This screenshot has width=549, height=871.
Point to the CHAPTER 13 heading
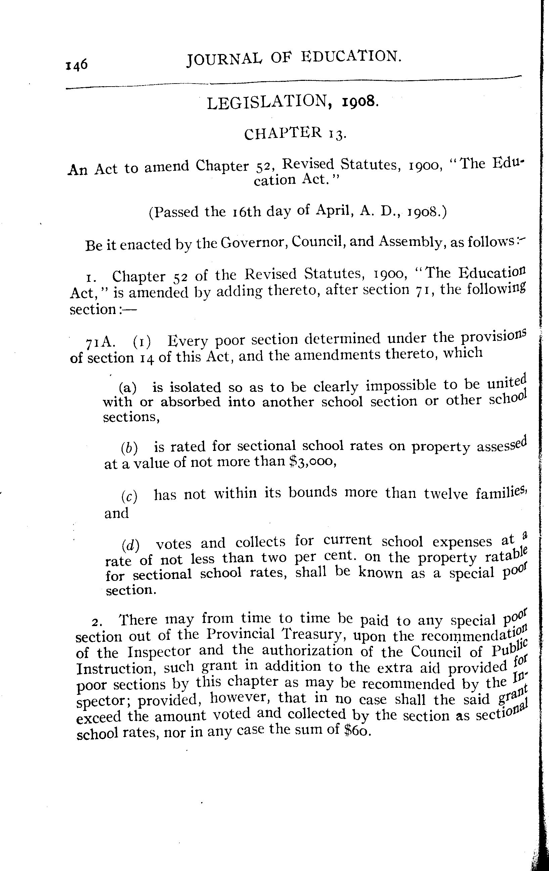tap(295, 134)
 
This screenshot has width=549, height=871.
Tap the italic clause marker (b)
tap(130, 448)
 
